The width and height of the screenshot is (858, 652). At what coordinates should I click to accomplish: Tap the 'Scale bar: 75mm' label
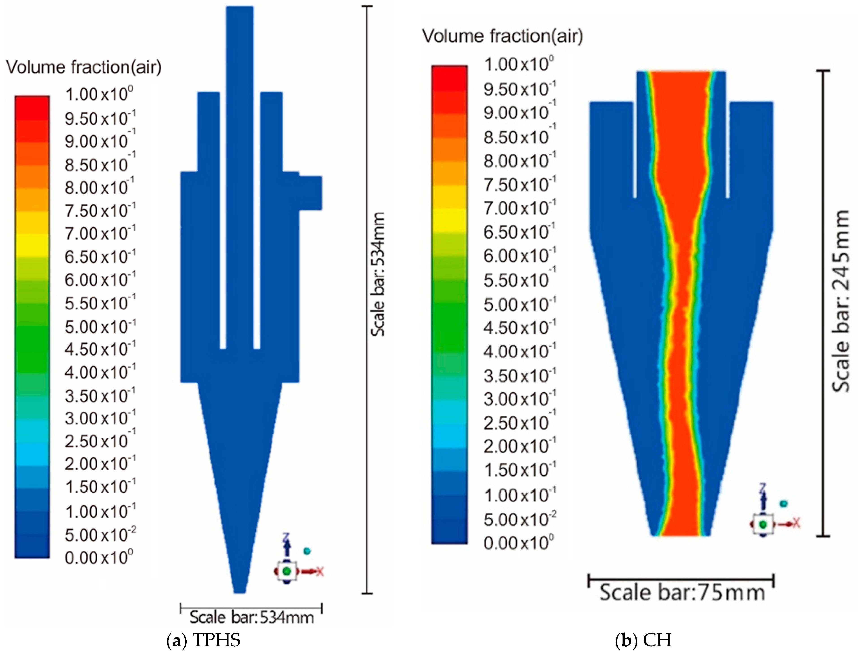[681, 593]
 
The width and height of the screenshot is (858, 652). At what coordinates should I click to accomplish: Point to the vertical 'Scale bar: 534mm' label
[377, 274]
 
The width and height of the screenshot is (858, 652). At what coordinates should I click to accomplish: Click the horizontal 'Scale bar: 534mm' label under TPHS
[251, 617]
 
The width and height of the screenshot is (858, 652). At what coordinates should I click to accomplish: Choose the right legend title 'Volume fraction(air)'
[502, 36]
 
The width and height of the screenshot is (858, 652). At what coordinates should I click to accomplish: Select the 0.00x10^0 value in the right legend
[518, 543]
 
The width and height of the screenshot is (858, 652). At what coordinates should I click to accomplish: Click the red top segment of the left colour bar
[32, 107]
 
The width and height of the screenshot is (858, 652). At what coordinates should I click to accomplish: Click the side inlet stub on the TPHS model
[310, 193]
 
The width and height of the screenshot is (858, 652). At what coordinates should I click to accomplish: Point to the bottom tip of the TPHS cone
[240, 590]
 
